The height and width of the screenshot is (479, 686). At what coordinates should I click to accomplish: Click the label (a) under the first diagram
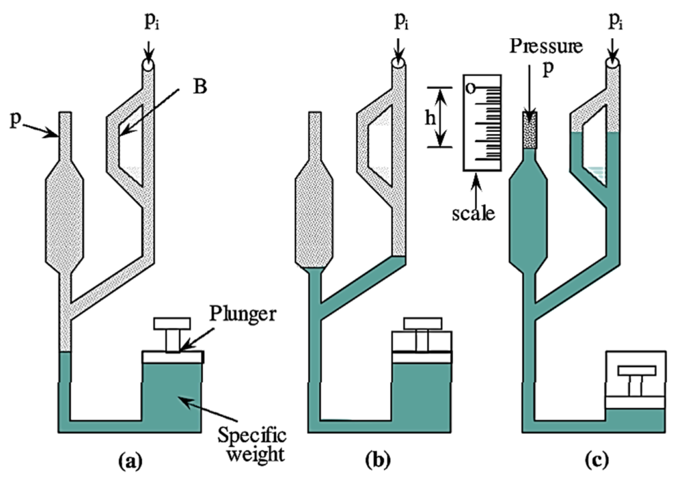[x=129, y=461]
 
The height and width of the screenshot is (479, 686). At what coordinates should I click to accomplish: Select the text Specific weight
[x=252, y=446]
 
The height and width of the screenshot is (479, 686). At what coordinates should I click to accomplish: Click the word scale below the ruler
[x=473, y=214]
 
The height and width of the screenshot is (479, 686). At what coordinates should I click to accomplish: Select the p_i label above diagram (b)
[x=401, y=24]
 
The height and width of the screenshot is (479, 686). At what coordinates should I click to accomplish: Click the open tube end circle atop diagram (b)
[x=399, y=65]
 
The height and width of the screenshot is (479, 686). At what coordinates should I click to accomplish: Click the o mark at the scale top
[x=471, y=88]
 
